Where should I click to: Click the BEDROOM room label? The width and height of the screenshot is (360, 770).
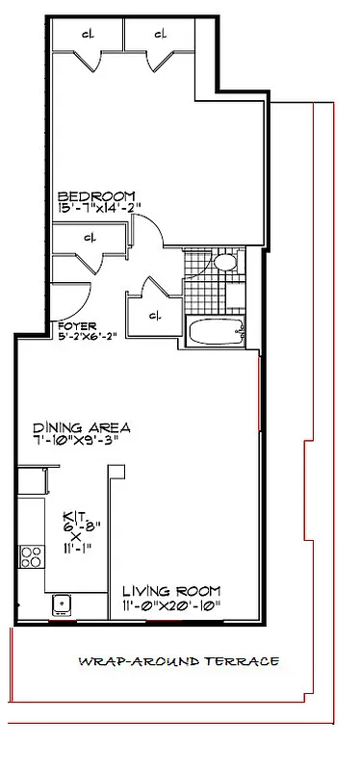[x=94, y=193]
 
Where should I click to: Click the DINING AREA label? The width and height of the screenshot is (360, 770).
[x=82, y=428]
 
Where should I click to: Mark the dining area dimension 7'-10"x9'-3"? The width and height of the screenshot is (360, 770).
[x=82, y=441]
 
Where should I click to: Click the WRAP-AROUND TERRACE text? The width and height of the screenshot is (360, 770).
[x=179, y=661]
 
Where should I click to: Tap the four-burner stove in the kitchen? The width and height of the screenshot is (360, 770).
[x=31, y=556]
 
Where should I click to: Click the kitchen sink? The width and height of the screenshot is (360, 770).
[x=64, y=603]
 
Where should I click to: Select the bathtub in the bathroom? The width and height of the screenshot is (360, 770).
[x=216, y=334]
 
